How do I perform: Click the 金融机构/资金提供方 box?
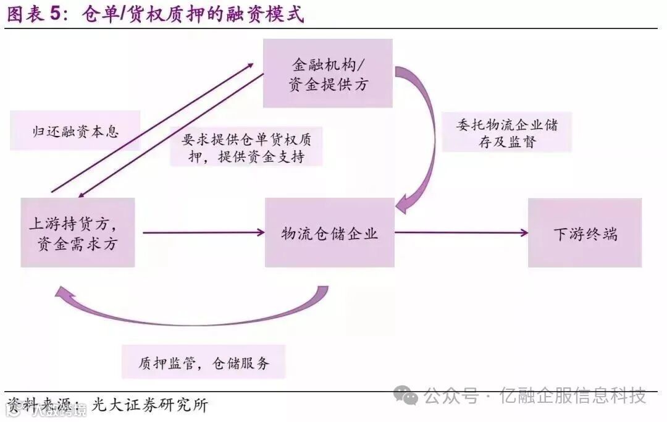328,74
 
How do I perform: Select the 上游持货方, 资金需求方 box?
78,232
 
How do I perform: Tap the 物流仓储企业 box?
329,232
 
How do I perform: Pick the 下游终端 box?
584,232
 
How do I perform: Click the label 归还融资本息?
75,131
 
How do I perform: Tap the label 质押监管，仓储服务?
204,362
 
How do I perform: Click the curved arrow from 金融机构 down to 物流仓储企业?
426,142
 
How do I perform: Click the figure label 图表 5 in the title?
38,14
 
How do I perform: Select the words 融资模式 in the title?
265,14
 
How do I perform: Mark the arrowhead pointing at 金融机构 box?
252,64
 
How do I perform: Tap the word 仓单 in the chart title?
100,14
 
